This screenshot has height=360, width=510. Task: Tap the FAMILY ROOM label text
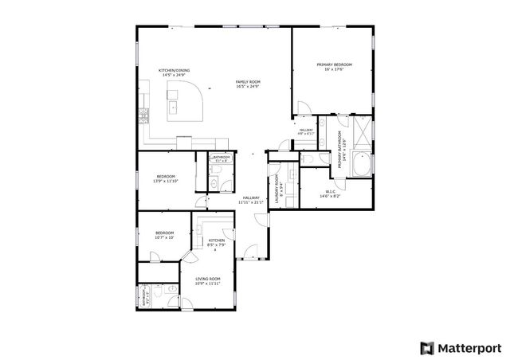click(x=247, y=84)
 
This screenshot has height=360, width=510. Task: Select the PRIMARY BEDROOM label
click(x=334, y=67)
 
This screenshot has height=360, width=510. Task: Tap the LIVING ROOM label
click(x=206, y=281)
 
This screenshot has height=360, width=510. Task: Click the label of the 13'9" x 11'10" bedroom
click(x=166, y=178)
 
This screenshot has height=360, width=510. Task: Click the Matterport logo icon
click(x=428, y=347)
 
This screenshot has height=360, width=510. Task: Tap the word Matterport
click(x=469, y=347)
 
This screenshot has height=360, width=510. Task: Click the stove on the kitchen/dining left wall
click(x=143, y=116)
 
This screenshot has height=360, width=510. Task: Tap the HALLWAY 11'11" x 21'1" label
click(x=251, y=200)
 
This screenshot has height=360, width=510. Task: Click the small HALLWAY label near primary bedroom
click(x=305, y=132)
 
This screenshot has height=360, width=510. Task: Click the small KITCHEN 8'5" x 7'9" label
click(x=216, y=243)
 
